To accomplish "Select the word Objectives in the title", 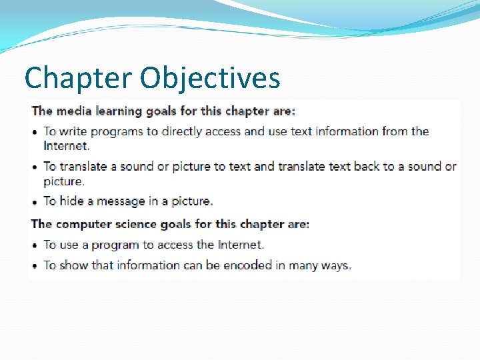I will point(210,78).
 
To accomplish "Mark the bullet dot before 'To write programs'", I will point(35,132).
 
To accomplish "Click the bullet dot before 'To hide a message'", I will point(35,202).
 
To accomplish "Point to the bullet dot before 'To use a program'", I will point(35,246).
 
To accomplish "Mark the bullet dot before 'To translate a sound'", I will point(35,167).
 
